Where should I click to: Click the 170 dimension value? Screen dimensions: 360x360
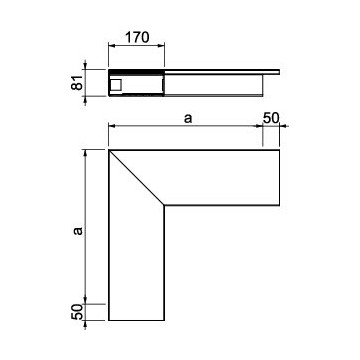[137, 38]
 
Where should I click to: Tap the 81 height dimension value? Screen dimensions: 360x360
[77, 82]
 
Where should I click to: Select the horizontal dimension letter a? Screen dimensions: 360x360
[188, 118]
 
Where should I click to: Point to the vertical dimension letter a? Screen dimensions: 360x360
[78, 231]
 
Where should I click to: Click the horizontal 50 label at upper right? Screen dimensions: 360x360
[271, 118]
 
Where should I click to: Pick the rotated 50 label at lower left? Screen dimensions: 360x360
[77, 312]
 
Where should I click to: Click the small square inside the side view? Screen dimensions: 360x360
[116, 85]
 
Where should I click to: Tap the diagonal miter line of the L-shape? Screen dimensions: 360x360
[136, 177]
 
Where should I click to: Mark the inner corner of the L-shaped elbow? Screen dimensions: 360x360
[164, 205]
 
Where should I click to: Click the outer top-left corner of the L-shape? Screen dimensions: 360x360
[109, 150]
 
